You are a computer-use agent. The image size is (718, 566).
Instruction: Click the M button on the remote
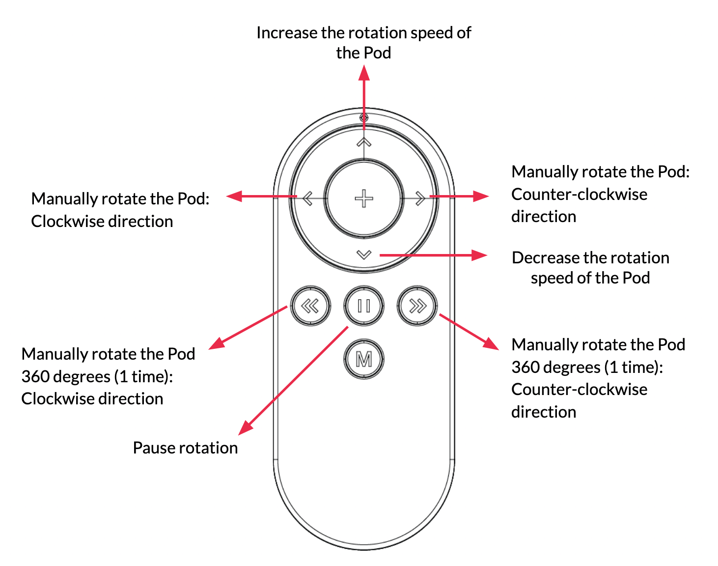point(363,360)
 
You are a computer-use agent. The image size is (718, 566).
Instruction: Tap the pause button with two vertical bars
point(364,306)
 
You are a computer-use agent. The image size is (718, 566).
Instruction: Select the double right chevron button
point(417,306)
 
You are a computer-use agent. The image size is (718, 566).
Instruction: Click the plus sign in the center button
point(364,198)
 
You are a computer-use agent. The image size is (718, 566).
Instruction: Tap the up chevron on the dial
point(364,142)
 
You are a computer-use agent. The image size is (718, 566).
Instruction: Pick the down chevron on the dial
point(364,255)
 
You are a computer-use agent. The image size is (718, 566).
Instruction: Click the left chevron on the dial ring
point(308,198)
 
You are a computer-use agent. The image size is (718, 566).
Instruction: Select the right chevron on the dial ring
point(420,198)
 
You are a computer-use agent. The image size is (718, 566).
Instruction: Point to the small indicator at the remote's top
point(364,118)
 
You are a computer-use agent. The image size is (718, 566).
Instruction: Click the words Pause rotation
point(185,448)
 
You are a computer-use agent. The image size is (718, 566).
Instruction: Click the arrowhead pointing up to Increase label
point(364,73)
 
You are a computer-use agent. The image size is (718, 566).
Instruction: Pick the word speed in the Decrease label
point(552,278)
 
